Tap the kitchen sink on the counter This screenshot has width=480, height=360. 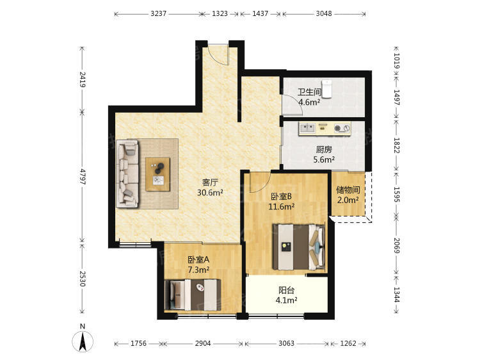tap(307, 127)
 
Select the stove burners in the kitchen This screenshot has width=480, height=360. tap(342, 127)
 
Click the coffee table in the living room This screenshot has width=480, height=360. tap(157, 174)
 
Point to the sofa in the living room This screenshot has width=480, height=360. tap(127, 174)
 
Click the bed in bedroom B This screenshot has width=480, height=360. tap(299, 247)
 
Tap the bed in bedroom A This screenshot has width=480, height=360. tap(193, 295)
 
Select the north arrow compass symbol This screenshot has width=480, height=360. tap(83, 341)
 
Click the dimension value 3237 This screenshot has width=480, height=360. tap(158, 13)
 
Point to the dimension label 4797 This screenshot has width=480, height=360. tap(82, 176)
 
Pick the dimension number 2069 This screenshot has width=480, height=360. tap(396, 245)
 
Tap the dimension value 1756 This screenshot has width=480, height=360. tap(138, 343)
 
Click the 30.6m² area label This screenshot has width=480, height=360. tap(210, 193)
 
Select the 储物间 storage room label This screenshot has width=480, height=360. tap(348, 190)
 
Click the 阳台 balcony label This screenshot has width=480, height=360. tap(287, 290)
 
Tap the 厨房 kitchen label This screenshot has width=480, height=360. tap(324, 149)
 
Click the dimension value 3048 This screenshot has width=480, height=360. tap(324, 13)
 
